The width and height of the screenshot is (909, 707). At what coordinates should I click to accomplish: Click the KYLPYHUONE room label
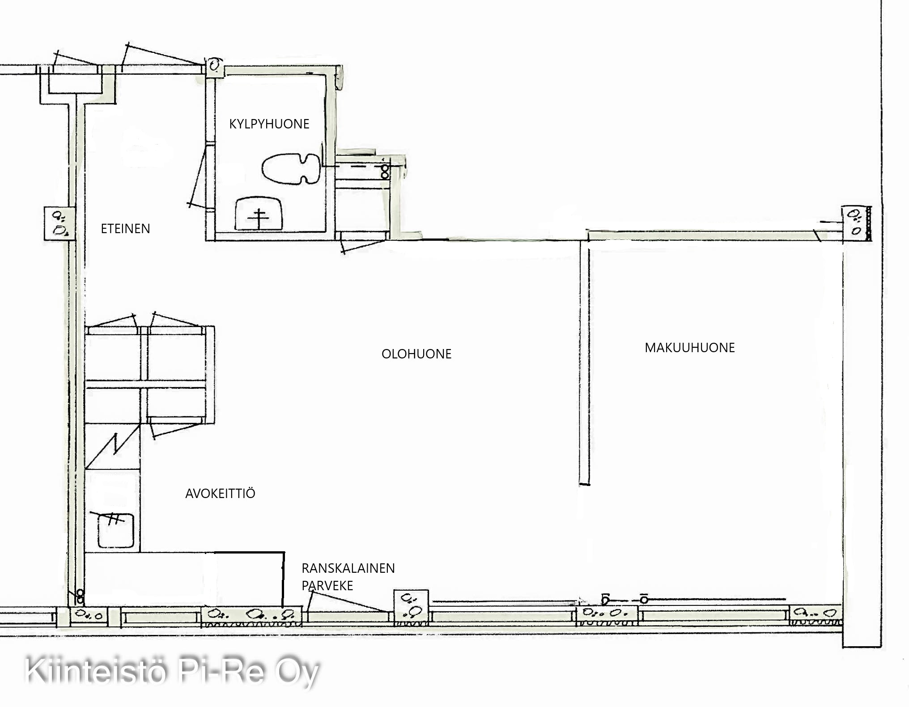[269, 124]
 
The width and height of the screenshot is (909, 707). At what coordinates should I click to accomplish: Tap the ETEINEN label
[125, 229]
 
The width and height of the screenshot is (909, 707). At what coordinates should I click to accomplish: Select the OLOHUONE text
[416, 354]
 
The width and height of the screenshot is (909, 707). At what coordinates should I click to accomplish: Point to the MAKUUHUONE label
[690, 348]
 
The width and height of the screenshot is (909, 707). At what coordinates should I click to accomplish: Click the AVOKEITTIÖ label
[220, 493]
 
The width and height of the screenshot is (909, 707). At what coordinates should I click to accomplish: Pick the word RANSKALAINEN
[348, 568]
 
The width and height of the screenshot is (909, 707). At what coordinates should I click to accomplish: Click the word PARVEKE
[327, 586]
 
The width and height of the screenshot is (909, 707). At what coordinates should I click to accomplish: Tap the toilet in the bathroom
[291, 169]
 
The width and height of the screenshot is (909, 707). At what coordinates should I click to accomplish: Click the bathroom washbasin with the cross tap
[259, 214]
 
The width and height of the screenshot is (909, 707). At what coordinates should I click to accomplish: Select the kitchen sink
[116, 531]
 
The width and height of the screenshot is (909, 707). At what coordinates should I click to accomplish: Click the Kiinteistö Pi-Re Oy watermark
[172, 671]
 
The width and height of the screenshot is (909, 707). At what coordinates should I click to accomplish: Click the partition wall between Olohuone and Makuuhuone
[584, 362]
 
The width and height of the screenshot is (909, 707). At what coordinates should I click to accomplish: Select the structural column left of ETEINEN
[59, 224]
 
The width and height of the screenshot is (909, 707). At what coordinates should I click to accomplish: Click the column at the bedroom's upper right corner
[856, 224]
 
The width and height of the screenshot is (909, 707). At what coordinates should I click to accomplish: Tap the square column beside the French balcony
[411, 607]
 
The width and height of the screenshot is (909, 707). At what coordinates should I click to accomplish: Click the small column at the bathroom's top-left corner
[215, 67]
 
